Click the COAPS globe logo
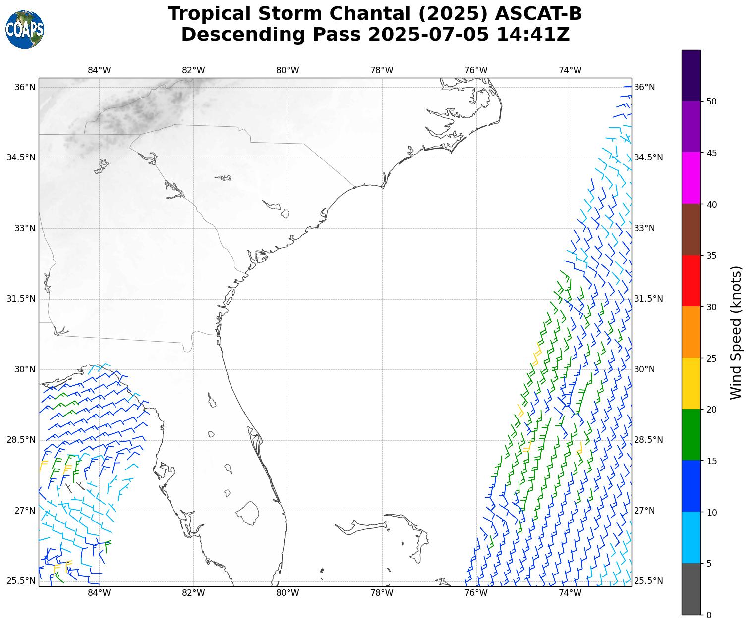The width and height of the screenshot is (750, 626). point(25,30)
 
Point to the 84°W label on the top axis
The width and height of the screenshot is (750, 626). point(99,70)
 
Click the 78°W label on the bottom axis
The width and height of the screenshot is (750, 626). point(382,593)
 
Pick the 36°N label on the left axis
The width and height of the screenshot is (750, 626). point(25,87)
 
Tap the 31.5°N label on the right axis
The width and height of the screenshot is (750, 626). point(648,299)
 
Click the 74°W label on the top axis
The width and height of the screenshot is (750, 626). point(570,70)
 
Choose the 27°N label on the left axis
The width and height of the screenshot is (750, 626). point(25,511)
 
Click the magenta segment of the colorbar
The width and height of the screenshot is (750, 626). point(692,178)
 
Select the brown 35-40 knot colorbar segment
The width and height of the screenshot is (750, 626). point(692,229)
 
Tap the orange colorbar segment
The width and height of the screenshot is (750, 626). point(692,332)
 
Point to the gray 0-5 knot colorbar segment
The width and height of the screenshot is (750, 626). point(692,589)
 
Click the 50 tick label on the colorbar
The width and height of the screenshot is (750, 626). point(711,102)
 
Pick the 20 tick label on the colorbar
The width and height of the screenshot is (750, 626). point(711,410)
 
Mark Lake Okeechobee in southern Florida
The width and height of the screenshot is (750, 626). point(247,513)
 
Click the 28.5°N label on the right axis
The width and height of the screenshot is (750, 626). point(648,440)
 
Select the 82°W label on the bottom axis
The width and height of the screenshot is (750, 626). point(193,593)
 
